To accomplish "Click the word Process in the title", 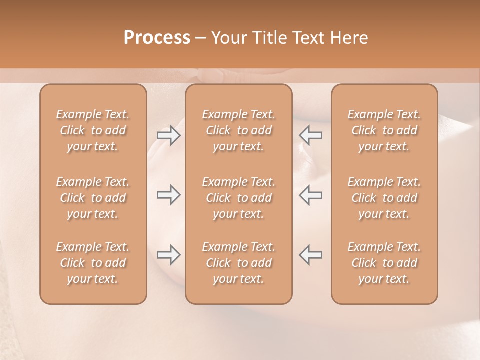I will pos(157,38).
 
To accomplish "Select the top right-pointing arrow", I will pos(169,135).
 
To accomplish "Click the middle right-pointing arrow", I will pos(169,195).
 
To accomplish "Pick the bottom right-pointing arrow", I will pos(169,255).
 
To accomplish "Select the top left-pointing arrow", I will pos(310,135).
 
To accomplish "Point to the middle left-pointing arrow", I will pos(310,195).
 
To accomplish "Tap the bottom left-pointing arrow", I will pos(310,255).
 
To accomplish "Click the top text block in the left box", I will pos(93,130).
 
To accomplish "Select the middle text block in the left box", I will pos(93,198).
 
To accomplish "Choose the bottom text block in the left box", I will pos(93,263).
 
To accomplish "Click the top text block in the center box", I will pos(238,130).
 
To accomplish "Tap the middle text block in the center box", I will pos(238,198).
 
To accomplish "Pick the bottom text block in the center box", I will pos(238,263).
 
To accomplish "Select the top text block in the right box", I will pos(384,130).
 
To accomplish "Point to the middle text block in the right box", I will pos(384,198).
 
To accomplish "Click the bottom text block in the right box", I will pos(384,263).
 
